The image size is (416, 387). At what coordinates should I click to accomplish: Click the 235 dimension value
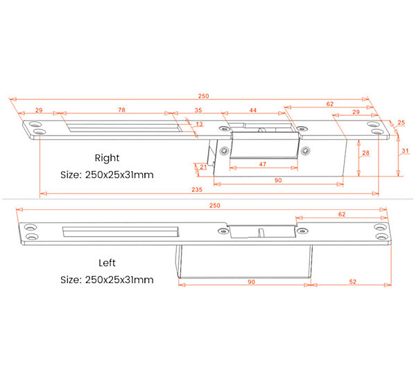pos(197,190)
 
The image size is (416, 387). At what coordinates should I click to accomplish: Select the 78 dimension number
pos(121,109)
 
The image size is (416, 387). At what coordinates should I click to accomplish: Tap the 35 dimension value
pos(198,110)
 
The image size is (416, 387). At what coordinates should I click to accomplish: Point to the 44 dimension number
pos(253,110)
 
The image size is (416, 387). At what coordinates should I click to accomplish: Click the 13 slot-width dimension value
pos(199,124)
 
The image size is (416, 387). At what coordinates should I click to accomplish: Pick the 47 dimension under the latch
pos(262,164)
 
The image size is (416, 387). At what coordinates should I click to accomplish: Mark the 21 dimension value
pos(203,167)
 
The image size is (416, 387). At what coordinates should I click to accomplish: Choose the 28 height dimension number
pos(365,153)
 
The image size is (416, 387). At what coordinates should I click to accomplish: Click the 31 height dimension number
pos(405,151)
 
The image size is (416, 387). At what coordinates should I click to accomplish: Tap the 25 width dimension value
pos(401,123)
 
